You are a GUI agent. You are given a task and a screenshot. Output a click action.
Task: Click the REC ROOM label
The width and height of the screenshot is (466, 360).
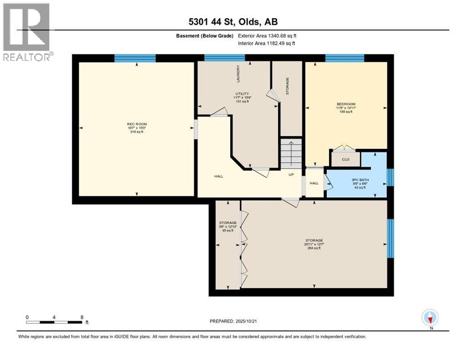(136, 124)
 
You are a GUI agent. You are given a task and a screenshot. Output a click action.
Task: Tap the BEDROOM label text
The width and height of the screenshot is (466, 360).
(346, 104)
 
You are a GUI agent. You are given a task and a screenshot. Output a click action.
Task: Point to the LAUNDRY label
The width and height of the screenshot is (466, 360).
(238, 74)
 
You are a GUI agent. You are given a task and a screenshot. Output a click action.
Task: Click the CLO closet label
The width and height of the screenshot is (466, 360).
(346, 159)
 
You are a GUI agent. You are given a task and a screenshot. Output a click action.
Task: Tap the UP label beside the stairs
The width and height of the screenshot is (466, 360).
(291, 175)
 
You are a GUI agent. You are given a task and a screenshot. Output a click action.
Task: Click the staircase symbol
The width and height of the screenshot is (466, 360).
(291, 153)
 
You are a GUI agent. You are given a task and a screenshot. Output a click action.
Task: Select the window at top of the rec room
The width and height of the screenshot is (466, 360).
(135, 58)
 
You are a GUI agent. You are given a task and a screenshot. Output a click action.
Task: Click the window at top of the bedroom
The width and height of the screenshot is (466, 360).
(345, 58)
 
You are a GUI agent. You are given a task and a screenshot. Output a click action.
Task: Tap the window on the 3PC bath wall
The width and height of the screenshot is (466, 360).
(391, 177)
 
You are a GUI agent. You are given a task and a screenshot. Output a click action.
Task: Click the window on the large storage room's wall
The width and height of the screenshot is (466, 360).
(391, 238)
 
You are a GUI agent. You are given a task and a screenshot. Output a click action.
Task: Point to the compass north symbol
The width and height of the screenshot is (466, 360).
(429, 317)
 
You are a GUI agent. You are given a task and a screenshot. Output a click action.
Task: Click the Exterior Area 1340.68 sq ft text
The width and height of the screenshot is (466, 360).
(267, 36)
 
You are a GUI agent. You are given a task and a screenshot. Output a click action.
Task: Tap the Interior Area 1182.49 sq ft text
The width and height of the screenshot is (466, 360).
(266, 44)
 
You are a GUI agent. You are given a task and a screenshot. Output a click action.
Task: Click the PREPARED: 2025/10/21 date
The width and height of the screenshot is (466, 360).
(233, 321)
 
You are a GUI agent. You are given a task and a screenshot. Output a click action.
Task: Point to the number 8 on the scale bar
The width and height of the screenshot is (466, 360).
(82, 317)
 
